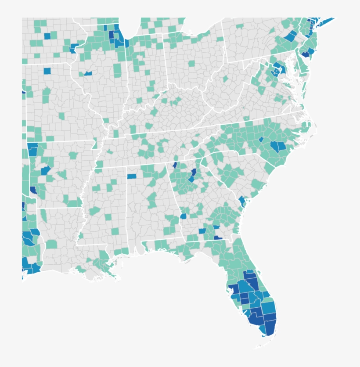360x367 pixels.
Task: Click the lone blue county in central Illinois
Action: pyautogui.click(x=88, y=73)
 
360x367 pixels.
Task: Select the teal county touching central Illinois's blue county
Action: pyautogui.click(x=82, y=73)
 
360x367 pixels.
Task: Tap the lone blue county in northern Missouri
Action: pyautogui.click(x=47, y=71)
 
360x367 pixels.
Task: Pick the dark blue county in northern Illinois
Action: pyautogui.click(x=111, y=35)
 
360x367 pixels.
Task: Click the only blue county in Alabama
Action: pyautogui.click(x=132, y=176)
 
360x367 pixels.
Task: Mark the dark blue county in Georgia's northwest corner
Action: pyautogui.click(x=175, y=165)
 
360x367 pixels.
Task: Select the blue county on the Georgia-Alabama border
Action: pyautogui.click(x=183, y=216)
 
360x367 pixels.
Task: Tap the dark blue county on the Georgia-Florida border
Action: pyautogui.click(x=218, y=237)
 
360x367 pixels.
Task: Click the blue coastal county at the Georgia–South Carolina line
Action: pyautogui.click(x=242, y=201)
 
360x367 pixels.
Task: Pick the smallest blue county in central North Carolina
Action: pyautogui.click(x=261, y=139)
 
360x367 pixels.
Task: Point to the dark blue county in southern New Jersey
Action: pyautogui.click(x=304, y=54)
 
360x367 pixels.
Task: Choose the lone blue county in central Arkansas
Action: pyautogui.click(x=45, y=170)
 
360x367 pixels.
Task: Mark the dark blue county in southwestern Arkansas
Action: pyautogui.click(x=33, y=191)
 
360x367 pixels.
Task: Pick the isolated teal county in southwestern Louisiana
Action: pyautogui.click(x=51, y=244)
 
